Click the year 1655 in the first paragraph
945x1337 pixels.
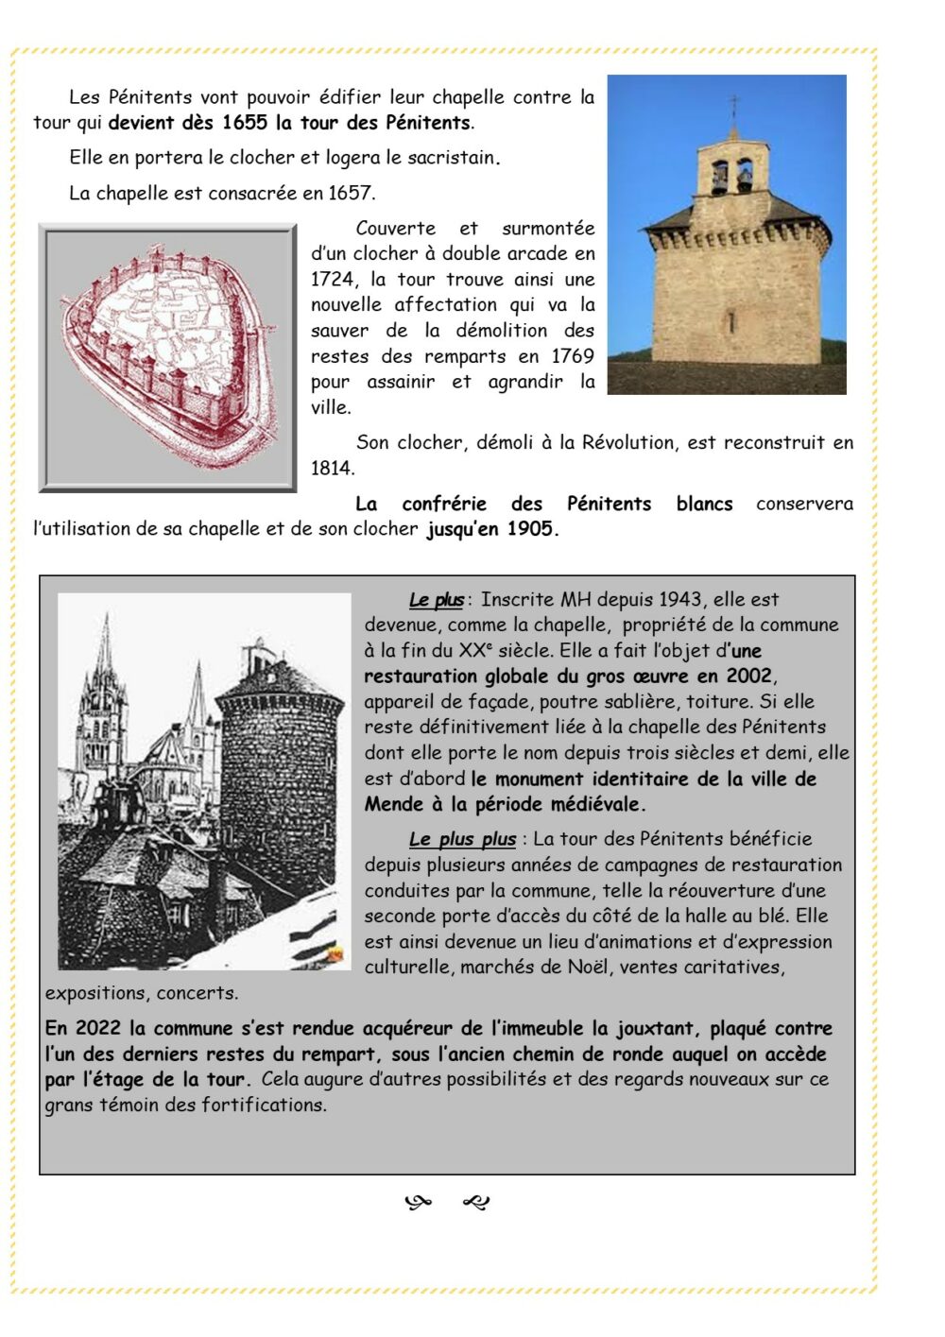point(245,123)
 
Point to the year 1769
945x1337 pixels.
point(572,357)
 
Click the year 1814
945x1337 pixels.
point(333,469)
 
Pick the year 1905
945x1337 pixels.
point(529,529)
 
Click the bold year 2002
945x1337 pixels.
point(748,677)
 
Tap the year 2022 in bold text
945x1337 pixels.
point(98,1028)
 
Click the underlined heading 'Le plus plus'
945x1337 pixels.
point(462,839)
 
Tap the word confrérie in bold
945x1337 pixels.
point(444,505)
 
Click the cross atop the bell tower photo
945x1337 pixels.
point(733,103)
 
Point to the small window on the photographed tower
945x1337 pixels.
point(730,320)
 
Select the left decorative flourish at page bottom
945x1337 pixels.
point(418,1203)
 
